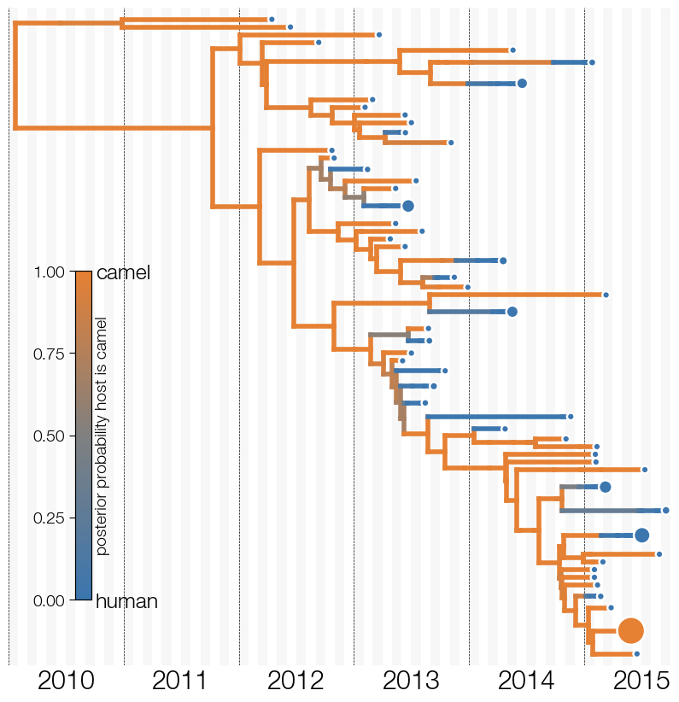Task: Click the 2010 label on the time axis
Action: (x=66, y=681)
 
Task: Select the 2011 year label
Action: (x=179, y=681)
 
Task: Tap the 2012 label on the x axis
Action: (x=296, y=681)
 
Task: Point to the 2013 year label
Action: (x=411, y=681)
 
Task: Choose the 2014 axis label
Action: (x=526, y=681)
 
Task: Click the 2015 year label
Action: (x=641, y=681)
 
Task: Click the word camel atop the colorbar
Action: (x=123, y=272)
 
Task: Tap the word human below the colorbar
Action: (x=126, y=601)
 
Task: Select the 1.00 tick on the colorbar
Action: (x=49, y=272)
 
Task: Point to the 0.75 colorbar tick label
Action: (x=49, y=354)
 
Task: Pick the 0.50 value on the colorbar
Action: (x=49, y=436)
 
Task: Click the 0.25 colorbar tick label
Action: (x=49, y=518)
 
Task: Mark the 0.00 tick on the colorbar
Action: (x=49, y=600)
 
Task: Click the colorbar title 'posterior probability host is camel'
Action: (x=102, y=436)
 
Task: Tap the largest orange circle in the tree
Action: (x=630, y=630)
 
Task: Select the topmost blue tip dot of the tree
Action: (x=272, y=20)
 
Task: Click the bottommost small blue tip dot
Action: (x=637, y=654)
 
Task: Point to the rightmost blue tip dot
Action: (x=665, y=511)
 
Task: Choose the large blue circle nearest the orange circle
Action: (x=641, y=535)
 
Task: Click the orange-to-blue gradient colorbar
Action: (x=84, y=436)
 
